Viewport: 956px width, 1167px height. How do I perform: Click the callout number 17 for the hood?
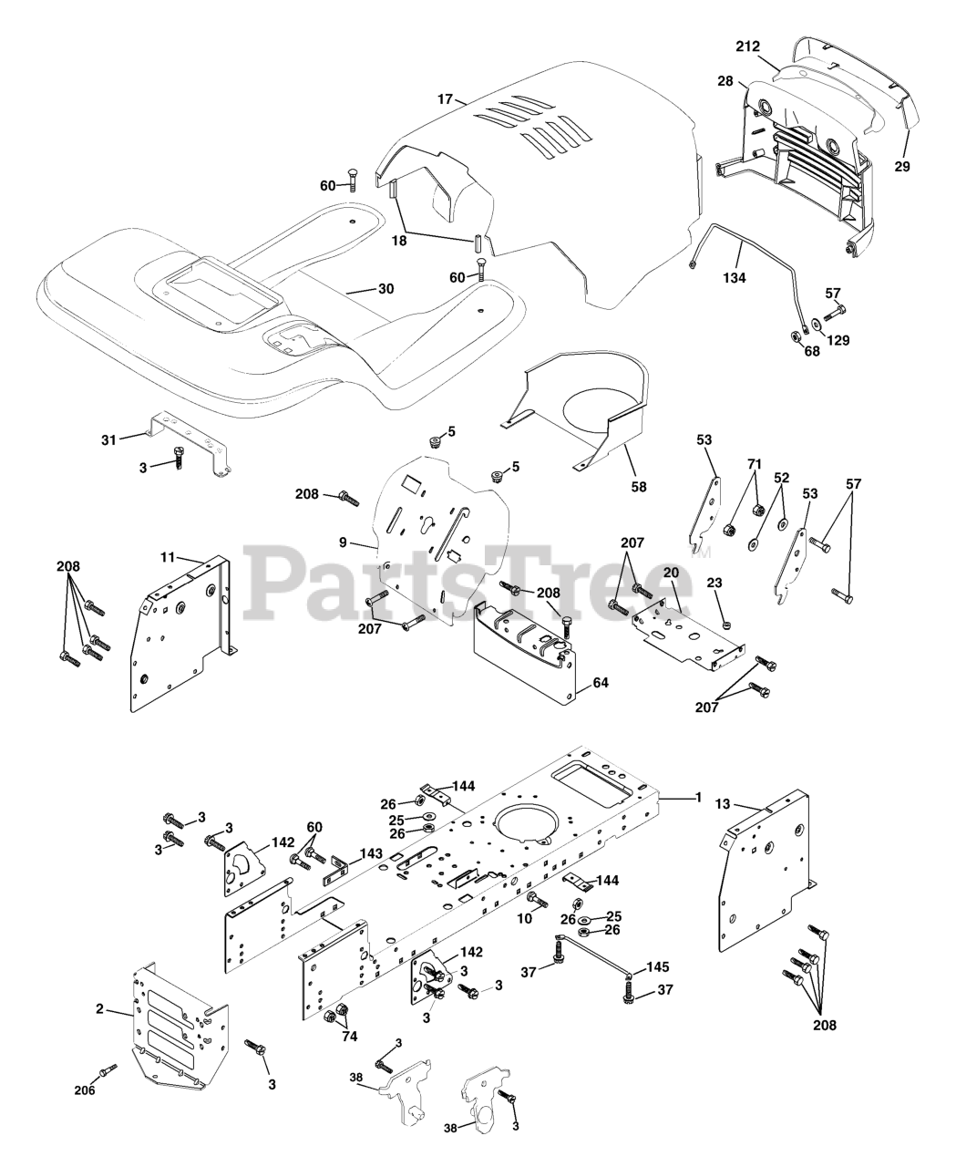coord(445,98)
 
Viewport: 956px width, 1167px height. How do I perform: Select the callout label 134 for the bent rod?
coord(734,277)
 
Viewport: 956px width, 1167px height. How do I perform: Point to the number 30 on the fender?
coord(385,289)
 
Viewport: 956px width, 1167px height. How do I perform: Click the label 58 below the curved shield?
coord(638,486)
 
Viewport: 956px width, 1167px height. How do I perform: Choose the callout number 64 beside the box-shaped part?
coord(600,683)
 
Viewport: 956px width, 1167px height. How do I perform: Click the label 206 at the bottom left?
coord(83,1088)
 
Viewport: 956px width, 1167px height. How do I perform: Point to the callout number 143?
coord(370,853)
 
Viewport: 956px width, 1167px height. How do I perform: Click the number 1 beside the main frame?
coord(699,798)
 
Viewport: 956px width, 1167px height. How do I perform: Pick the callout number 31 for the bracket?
coord(109,440)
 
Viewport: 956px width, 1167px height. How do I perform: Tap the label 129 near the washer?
coord(838,340)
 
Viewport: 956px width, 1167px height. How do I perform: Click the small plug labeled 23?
coord(726,625)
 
